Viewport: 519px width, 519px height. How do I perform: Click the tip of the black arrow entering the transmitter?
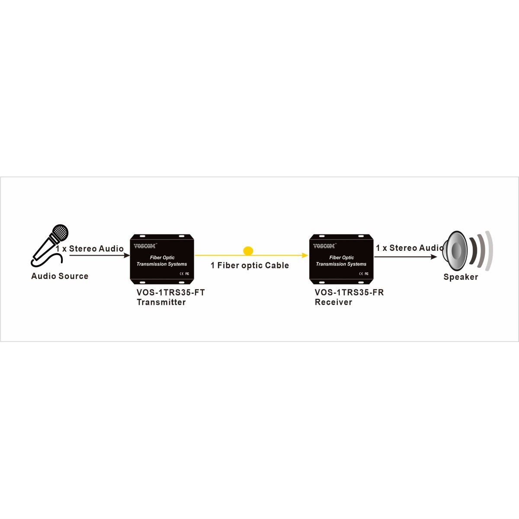click(130, 255)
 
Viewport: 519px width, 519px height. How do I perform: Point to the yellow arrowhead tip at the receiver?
click(308, 255)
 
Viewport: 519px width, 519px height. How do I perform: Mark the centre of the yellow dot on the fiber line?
click(248, 250)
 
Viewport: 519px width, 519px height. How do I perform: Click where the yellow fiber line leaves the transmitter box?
click(195, 255)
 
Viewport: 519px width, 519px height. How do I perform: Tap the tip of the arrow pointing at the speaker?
click(437, 256)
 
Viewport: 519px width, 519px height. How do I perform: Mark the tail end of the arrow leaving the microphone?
click(70, 255)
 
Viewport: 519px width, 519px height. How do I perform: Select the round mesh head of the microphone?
click(60, 233)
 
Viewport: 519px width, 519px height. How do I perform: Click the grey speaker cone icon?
click(455, 248)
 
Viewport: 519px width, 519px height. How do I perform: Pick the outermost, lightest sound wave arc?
click(489, 250)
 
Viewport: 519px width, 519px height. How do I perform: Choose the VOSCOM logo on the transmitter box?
click(145, 246)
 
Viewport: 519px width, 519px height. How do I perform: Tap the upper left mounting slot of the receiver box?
click(322, 236)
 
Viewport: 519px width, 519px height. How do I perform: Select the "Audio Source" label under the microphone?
click(60, 276)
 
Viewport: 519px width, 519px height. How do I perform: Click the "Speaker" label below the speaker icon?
click(461, 277)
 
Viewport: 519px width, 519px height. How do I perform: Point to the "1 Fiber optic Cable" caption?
click(250, 266)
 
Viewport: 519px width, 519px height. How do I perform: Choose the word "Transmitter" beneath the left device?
click(161, 302)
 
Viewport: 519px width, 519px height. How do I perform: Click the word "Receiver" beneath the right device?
click(333, 302)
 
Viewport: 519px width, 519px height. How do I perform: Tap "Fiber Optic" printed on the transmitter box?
click(162, 258)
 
